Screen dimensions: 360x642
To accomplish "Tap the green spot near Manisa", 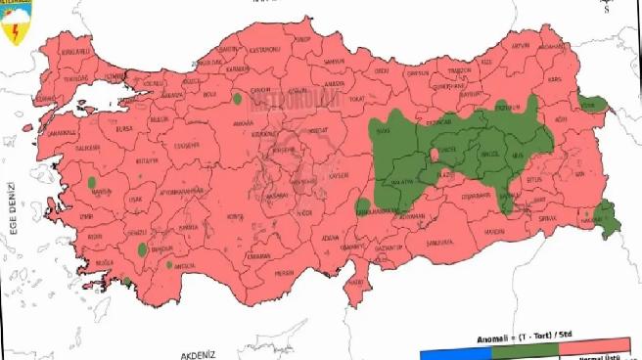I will [x=91, y=182].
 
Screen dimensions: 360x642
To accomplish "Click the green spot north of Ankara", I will [x=238, y=98].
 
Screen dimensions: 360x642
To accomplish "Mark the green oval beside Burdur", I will [x=144, y=248].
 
